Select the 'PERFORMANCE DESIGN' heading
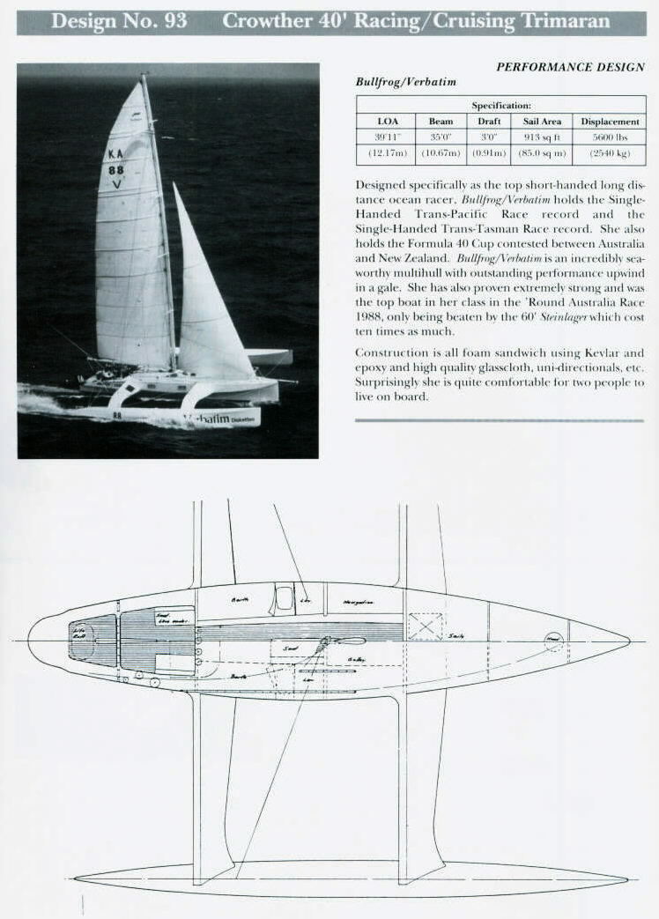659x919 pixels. tap(570, 67)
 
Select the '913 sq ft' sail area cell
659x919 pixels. tap(542, 137)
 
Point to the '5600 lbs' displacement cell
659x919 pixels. tap(610, 137)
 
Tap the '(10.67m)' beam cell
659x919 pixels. tap(441, 153)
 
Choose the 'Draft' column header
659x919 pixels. tap(490, 122)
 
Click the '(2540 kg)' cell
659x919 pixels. tap(610, 153)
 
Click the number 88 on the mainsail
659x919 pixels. tap(116, 170)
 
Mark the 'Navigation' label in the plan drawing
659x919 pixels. tap(358, 603)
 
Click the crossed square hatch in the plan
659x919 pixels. tap(425, 626)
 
